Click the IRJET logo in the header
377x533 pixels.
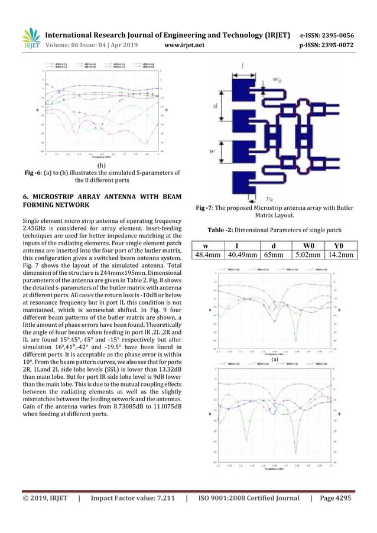(30, 37)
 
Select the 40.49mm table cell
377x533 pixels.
(242, 255)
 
